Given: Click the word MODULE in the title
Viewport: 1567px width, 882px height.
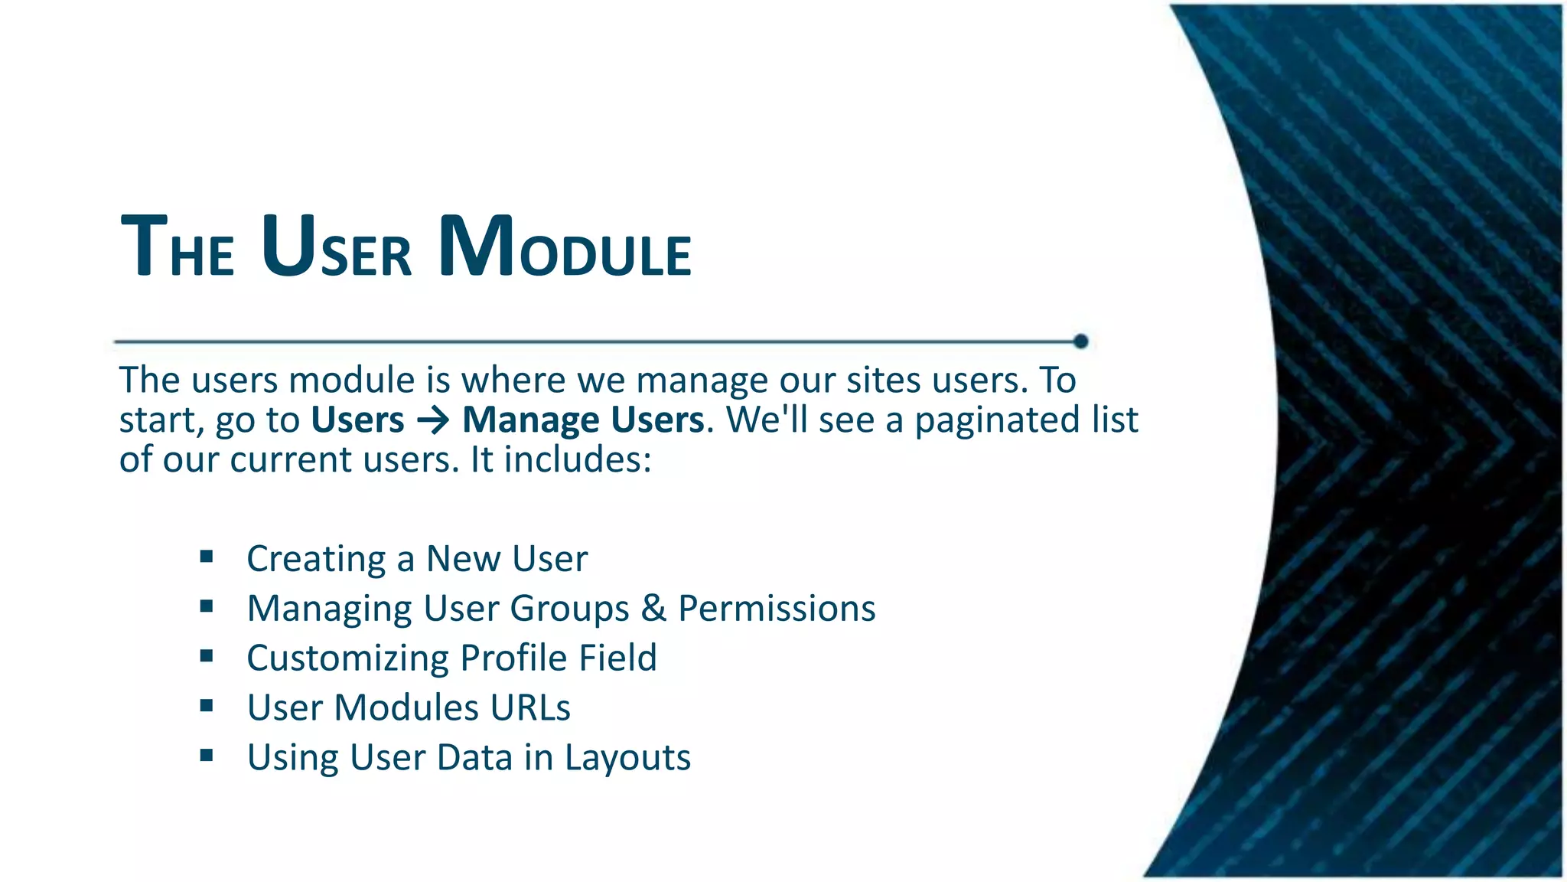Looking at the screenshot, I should pyautogui.click(x=565, y=249).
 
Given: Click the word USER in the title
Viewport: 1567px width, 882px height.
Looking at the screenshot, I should pyautogui.click(x=337, y=249).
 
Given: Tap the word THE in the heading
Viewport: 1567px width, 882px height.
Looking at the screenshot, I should pyautogui.click(x=178, y=249).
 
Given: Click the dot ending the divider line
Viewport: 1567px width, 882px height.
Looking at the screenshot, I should pyautogui.click(x=1080, y=341).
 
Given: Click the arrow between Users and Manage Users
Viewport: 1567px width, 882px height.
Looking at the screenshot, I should pyautogui.click(x=433, y=420).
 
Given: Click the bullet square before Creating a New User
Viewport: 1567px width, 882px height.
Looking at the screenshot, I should pyautogui.click(x=207, y=557).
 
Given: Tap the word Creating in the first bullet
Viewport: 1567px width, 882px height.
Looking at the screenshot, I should pyautogui.click(x=316, y=559).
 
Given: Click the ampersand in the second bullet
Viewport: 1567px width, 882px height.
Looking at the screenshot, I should pyautogui.click(x=653, y=608).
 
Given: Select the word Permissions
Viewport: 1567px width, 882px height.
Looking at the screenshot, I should pyautogui.click(x=777, y=608).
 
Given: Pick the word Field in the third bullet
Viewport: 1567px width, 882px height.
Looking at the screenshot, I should pyautogui.click(x=617, y=658).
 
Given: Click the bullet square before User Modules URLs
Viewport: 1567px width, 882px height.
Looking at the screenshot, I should pyautogui.click(x=207, y=706).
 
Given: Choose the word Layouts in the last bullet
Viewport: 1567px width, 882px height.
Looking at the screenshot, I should pyautogui.click(x=627, y=758).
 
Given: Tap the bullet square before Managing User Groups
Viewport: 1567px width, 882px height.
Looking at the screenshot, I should pyautogui.click(x=207, y=606).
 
